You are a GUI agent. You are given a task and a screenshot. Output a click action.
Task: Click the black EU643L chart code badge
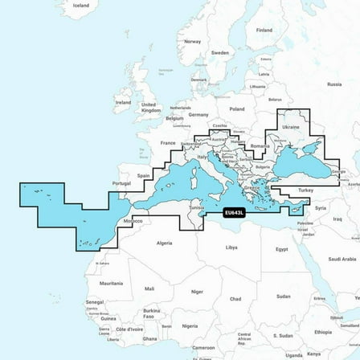(x=235, y=213)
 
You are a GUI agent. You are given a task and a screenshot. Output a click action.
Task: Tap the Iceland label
(x=81, y=5)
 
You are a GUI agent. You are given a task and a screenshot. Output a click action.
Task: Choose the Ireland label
(x=123, y=102)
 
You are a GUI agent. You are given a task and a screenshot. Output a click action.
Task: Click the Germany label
(x=198, y=115)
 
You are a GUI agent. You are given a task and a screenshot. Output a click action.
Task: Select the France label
(x=167, y=142)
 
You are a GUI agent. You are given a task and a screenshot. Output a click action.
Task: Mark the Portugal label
(x=122, y=183)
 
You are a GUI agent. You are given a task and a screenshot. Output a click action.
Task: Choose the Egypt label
(x=281, y=249)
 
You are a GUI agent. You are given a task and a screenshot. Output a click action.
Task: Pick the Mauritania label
(x=111, y=283)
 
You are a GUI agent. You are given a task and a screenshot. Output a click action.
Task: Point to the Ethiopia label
(x=322, y=331)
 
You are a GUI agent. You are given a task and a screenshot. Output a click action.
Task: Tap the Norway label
(x=192, y=41)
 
